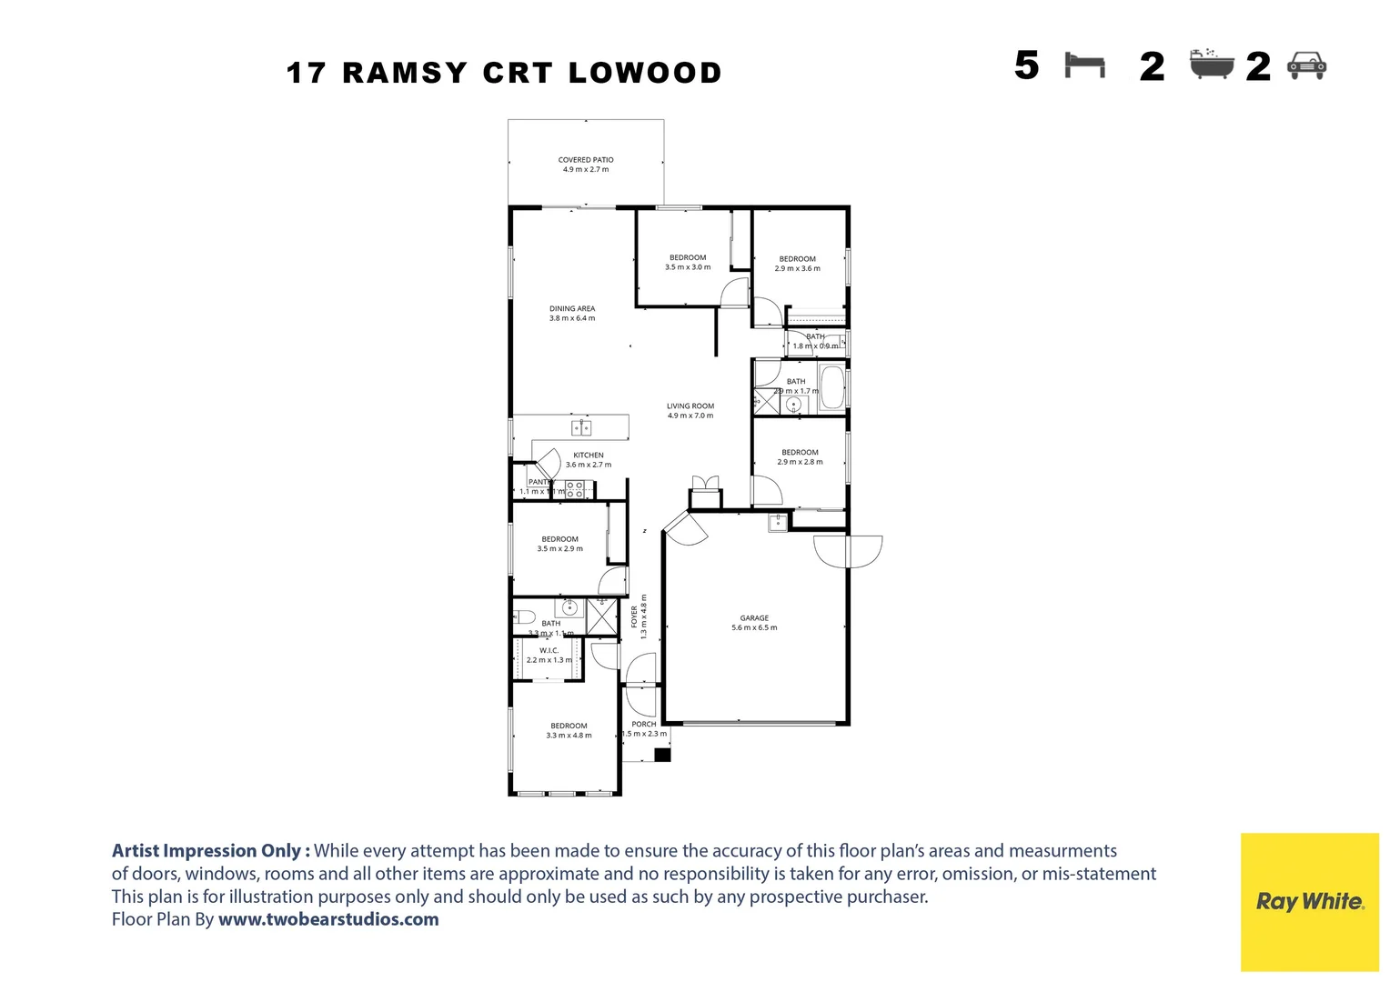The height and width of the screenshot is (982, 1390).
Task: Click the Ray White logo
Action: [1309, 901]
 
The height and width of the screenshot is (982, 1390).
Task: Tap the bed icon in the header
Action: [1084, 65]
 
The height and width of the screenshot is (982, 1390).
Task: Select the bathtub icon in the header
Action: [1212, 65]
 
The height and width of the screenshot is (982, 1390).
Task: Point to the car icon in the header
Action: [1307, 65]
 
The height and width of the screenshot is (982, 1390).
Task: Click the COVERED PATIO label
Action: [586, 160]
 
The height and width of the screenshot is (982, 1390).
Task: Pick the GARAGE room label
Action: [754, 618]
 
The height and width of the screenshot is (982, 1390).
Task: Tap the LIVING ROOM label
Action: [690, 406]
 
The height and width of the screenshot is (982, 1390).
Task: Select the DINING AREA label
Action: [572, 309]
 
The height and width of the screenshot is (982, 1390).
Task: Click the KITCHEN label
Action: [589, 456]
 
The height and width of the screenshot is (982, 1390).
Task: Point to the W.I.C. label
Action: [549, 651]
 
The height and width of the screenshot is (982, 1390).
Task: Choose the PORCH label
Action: [644, 725]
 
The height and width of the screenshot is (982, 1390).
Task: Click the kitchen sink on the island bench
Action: [581, 427]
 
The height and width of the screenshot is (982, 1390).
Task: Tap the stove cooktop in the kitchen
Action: [575, 490]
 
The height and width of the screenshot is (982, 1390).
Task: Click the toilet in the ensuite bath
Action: [524, 616]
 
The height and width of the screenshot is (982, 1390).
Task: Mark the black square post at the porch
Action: [662, 754]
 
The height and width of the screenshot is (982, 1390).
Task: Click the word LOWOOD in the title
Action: [645, 73]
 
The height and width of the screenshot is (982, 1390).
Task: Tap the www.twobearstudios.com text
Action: [328, 919]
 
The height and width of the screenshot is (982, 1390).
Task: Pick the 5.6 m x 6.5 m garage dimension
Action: [754, 628]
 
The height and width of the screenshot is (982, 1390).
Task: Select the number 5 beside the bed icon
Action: [1027, 65]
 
